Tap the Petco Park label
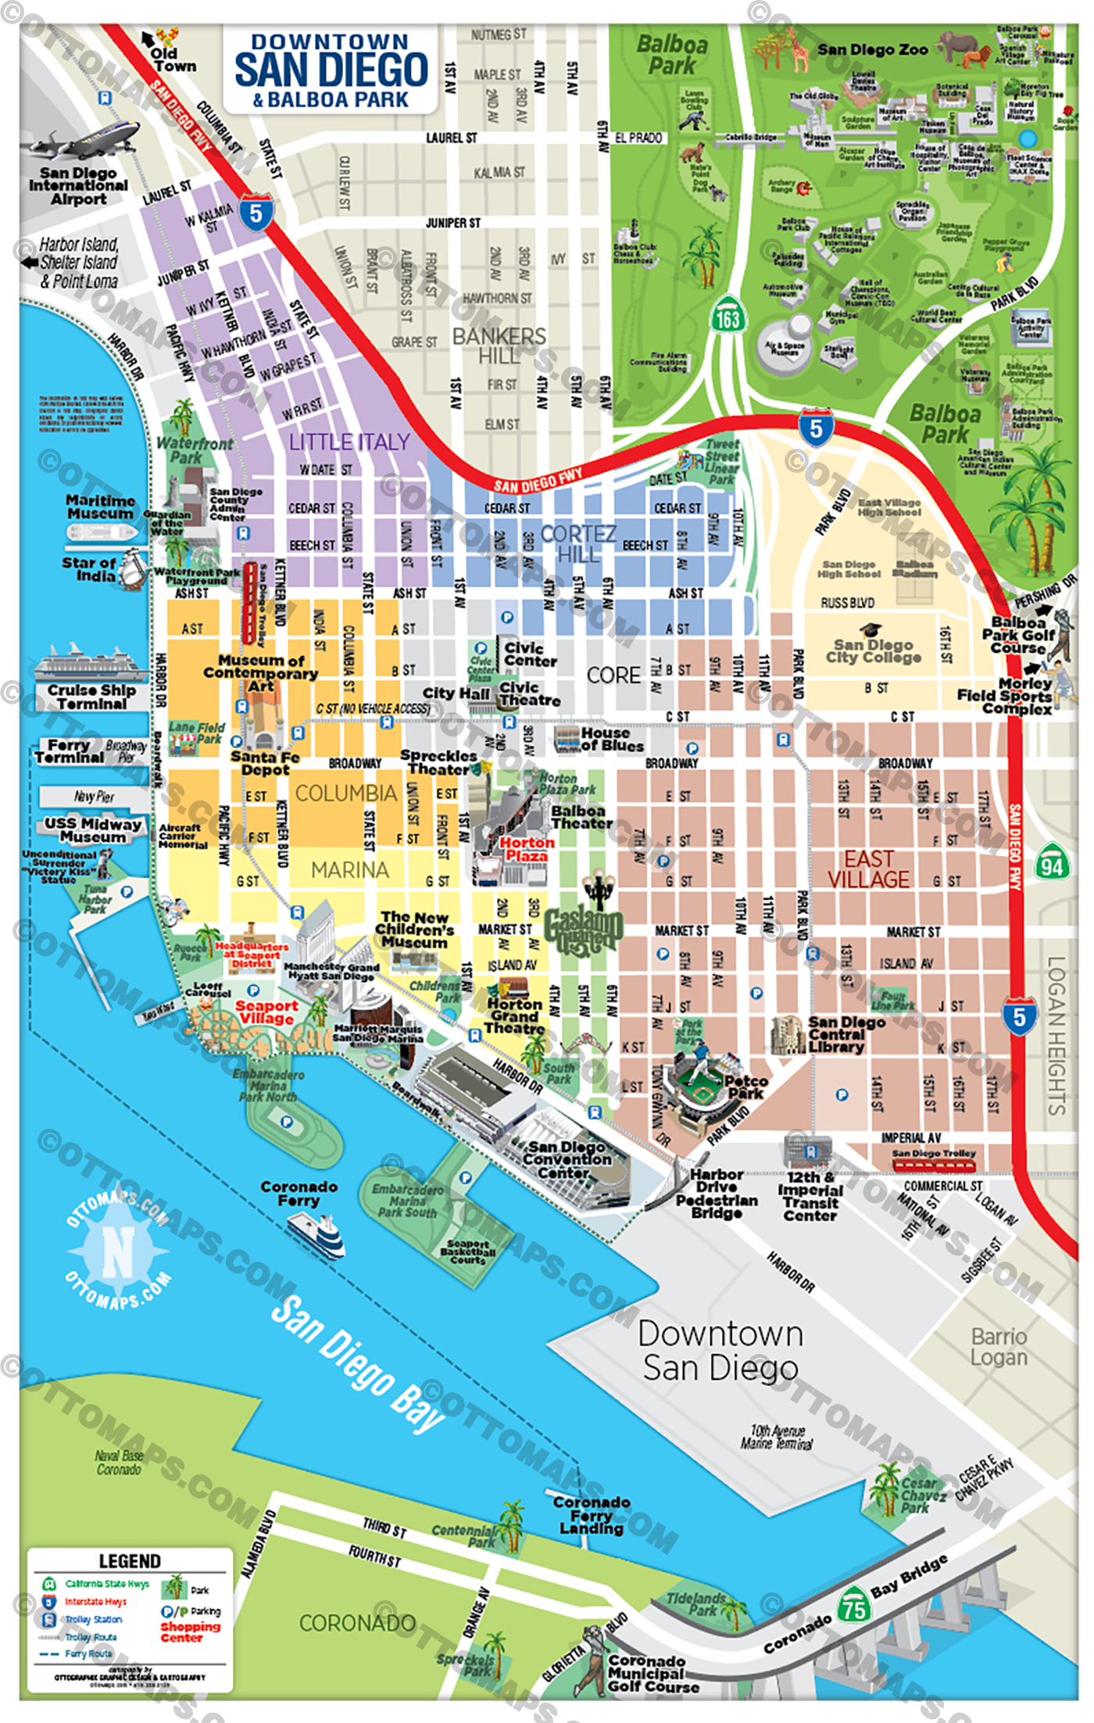point(745,1087)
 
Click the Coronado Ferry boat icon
point(316,1235)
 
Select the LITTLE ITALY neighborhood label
point(349,442)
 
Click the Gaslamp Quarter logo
point(584,930)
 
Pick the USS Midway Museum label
point(93,829)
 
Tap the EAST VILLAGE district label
point(868,869)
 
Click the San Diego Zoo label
point(872,50)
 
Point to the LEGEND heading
point(130,1561)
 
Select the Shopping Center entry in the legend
point(190,1632)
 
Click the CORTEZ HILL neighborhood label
point(578,543)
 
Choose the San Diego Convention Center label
point(567,1159)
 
